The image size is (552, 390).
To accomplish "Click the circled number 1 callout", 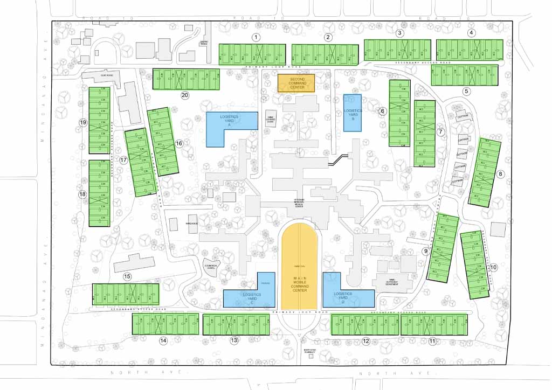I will (257, 37).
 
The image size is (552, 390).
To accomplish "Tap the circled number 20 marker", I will (185, 95).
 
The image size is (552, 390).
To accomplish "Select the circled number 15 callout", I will (127, 277).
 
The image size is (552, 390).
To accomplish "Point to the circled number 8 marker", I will (500, 174).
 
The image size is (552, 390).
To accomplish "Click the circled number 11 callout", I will (432, 341).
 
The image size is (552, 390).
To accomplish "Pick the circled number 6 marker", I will (382, 112).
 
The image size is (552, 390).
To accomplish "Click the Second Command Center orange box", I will (296, 83).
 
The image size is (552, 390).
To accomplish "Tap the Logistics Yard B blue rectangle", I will (353, 113).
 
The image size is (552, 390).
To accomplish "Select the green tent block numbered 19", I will (99, 120).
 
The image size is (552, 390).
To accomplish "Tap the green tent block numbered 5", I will (464, 75).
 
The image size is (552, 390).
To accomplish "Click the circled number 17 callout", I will (123, 160).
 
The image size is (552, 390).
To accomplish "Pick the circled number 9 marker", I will (426, 251).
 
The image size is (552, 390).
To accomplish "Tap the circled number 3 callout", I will (399, 33).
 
